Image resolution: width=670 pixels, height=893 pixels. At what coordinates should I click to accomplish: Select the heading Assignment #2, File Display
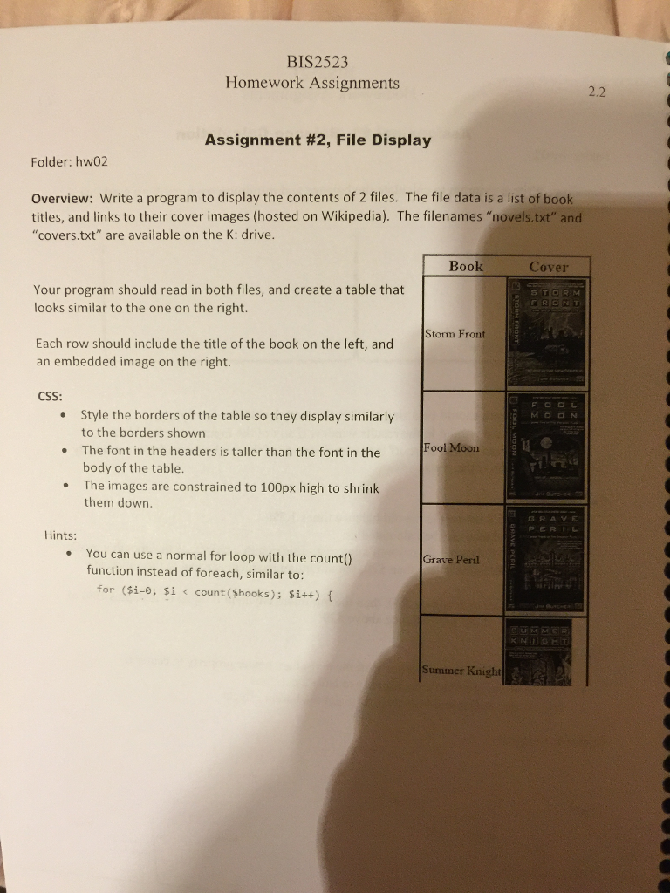(317, 140)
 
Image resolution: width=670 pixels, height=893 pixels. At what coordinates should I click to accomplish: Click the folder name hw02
(98, 162)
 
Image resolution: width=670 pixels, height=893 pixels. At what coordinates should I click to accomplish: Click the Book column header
(465, 266)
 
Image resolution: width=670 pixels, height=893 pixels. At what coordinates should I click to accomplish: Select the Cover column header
(548, 267)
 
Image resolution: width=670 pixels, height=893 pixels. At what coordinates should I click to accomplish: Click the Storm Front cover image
(547, 333)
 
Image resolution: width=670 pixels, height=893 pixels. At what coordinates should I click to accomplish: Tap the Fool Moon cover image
(546, 446)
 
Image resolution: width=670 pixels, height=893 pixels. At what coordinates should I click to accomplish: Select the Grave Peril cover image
(546, 558)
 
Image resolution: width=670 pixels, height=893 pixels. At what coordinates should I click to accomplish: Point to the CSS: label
(49, 395)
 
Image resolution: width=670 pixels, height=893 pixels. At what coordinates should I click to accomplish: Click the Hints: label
(61, 535)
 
